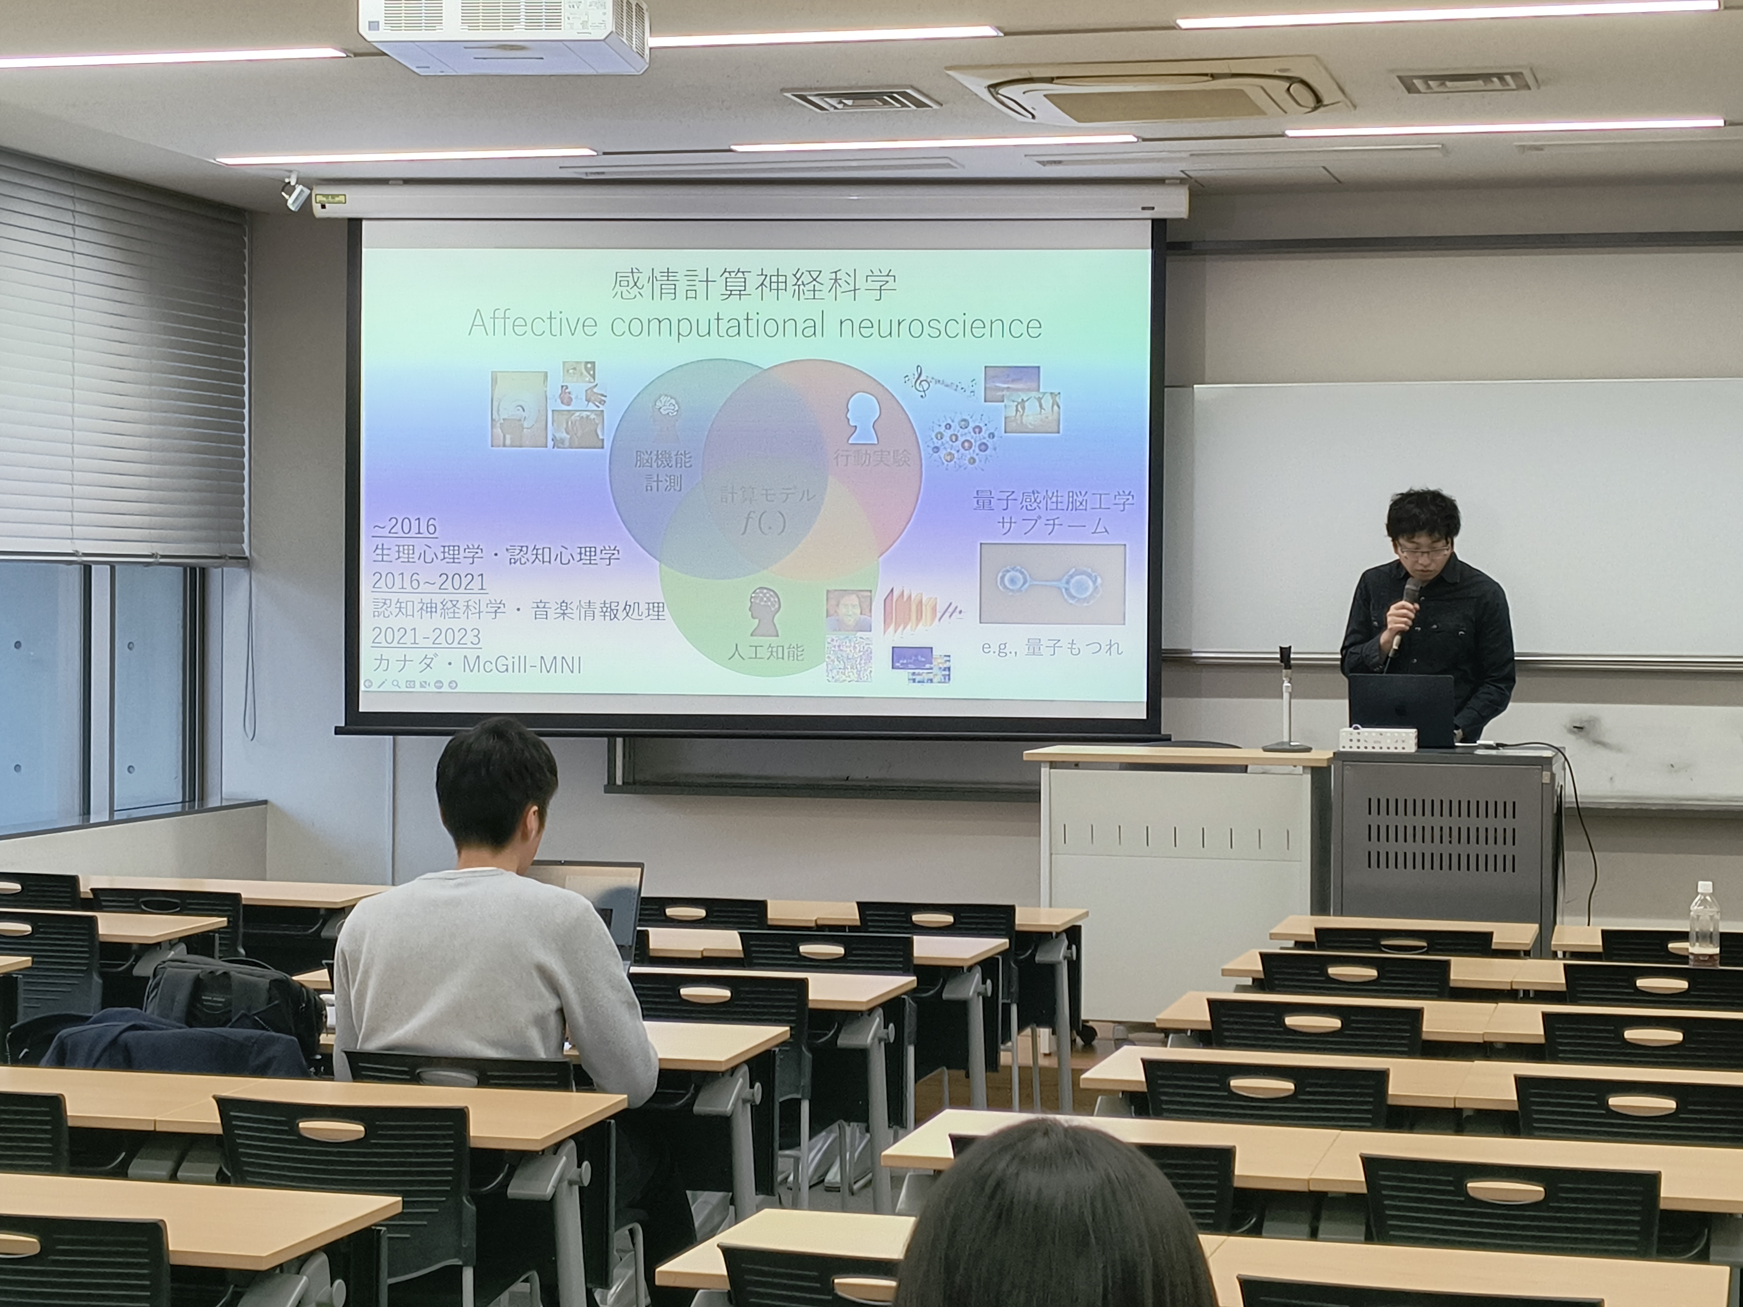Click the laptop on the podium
[x=1401, y=709]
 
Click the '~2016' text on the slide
[x=405, y=525]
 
